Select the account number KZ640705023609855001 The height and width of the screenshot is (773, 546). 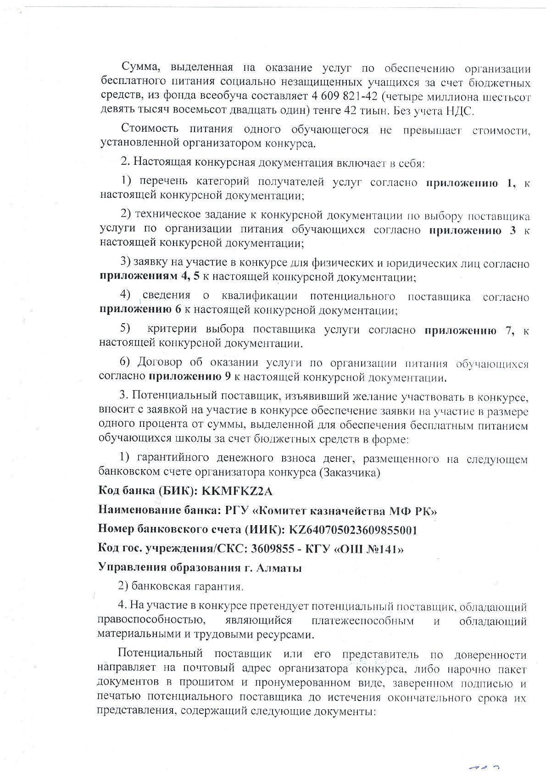coord(352,530)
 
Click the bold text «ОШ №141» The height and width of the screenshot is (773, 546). coord(370,549)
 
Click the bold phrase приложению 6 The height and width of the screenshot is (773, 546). coord(140,310)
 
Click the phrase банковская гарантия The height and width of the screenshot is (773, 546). coord(187,587)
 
